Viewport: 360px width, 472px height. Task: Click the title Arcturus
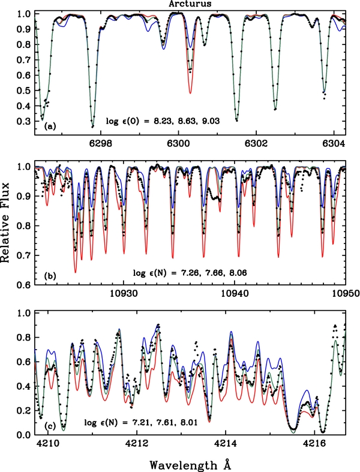(x=190, y=4)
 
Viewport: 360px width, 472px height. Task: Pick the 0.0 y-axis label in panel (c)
(x=23, y=434)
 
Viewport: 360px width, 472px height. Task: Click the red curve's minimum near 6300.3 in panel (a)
(x=190, y=92)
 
